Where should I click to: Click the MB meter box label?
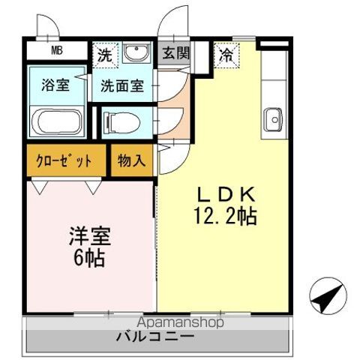tap(57, 52)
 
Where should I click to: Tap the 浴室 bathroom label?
tap(55, 85)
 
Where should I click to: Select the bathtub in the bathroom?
tap(58, 121)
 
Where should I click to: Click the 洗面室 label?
tap(122, 85)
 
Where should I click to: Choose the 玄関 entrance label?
tap(176, 54)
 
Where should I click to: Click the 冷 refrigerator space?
tap(225, 53)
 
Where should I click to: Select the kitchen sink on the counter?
tap(272, 118)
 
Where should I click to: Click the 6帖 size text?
tap(88, 260)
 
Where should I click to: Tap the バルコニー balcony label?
tap(155, 337)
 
